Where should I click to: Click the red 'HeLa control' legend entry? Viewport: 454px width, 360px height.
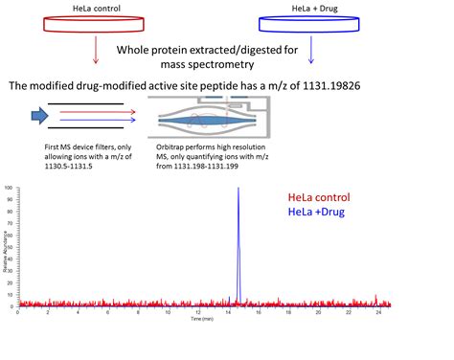pos(320,197)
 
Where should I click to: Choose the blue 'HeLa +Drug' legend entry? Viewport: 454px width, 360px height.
pos(317,212)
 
